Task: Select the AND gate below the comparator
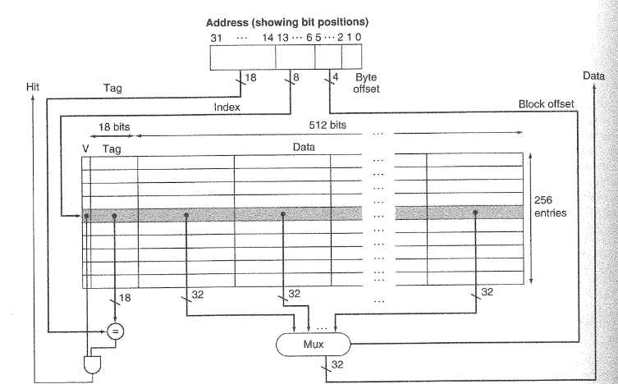[88, 363]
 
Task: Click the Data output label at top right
[593, 75]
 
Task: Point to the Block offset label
[547, 104]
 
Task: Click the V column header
[85, 149]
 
